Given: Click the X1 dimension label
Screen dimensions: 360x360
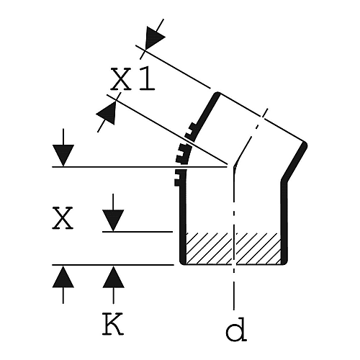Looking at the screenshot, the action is (132, 78).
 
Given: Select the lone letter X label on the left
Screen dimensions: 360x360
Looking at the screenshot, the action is (63, 218).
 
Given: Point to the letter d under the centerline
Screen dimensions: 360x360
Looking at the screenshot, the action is (236, 328).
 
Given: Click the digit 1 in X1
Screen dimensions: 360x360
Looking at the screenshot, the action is (146, 78).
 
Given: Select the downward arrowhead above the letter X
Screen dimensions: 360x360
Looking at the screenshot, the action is (63, 156).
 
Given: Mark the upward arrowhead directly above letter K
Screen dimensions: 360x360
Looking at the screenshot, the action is (113, 277).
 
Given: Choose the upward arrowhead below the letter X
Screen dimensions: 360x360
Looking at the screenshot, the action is (63, 277).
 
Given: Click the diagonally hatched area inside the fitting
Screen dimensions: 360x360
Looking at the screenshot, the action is (233, 248).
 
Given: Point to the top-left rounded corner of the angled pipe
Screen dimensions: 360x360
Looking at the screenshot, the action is (217, 94).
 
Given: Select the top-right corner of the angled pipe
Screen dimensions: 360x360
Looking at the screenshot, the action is (305, 144).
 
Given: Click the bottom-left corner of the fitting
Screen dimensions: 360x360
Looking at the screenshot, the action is (182, 262).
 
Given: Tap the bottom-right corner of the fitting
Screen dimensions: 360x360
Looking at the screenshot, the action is (284, 262).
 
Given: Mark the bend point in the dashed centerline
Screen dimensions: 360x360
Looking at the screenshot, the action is (233, 167).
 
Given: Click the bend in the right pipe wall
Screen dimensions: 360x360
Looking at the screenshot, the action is (284, 181).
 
